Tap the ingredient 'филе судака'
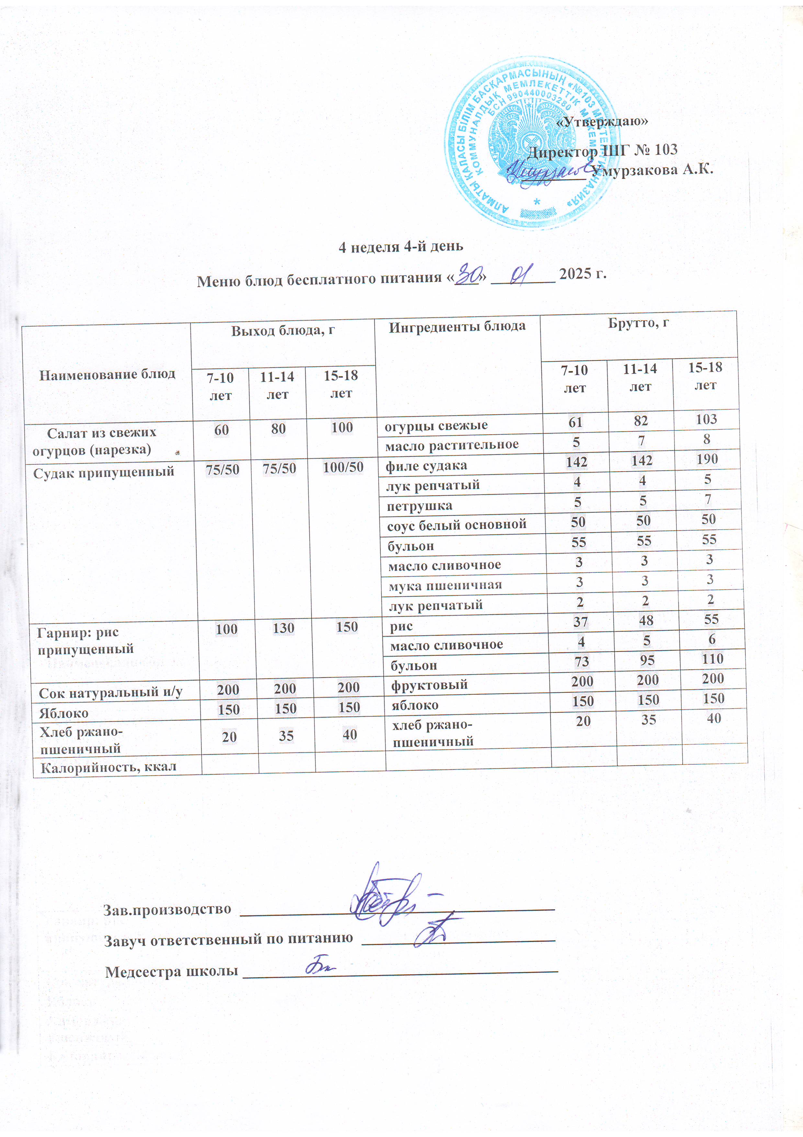[x=426, y=465]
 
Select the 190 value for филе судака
[x=707, y=459]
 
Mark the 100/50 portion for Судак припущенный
[x=343, y=467]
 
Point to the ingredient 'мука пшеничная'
[x=445, y=585]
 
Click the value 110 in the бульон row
[x=712, y=659]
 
